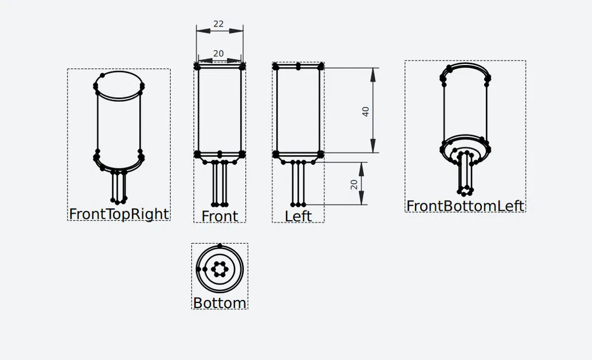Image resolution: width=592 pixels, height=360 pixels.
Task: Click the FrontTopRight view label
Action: point(119,214)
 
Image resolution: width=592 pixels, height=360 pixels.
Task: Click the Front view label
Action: point(219,216)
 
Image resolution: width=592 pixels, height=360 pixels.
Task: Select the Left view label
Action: point(298,216)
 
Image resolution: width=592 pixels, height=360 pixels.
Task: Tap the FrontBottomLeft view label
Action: point(465,206)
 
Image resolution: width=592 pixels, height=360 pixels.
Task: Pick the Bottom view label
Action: point(219,303)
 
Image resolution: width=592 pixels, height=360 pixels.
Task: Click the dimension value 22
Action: point(218,24)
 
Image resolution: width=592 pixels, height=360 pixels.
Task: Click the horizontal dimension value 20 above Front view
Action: point(218,54)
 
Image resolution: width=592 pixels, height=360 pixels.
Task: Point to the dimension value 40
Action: point(365,111)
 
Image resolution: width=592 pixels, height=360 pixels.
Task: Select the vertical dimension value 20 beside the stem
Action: point(355,184)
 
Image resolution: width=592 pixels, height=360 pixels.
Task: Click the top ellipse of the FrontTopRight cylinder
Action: point(119,85)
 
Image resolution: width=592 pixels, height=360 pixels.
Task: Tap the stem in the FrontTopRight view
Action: point(119,185)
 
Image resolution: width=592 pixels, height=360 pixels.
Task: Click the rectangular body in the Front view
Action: point(219,109)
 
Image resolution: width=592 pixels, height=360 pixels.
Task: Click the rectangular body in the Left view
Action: point(298,109)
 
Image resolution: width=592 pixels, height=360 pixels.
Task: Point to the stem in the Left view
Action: point(298,183)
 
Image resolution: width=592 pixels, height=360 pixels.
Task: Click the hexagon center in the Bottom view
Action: point(220,269)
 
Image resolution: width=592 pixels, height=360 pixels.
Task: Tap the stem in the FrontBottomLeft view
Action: point(465,173)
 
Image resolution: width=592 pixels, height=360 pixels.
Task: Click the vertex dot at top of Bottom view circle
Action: point(220,246)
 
